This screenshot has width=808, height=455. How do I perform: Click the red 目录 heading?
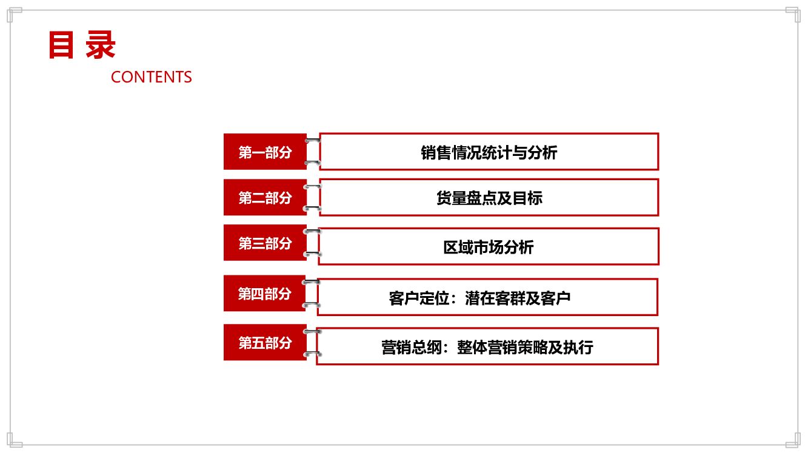pyautogui.click(x=82, y=45)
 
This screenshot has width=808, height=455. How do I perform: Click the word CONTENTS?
pyautogui.click(x=152, y=77)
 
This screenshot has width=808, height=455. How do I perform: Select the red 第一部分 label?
pyautogui.click(x=265, y=152)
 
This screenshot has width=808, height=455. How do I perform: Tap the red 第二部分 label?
pyautogui.click(x=265, y=197)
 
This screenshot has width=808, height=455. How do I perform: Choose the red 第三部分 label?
pyautogui.click(x=265, y=243)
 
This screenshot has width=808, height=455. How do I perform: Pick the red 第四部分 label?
pyautogui.click(x=264, y=294)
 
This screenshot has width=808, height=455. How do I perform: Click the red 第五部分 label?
pyautogui.click(x=265, y=343)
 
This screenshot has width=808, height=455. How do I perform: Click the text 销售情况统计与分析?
pyautogui.click(x=489, y=152)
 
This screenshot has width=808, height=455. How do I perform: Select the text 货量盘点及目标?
pyautogui.click(x=489, y=198)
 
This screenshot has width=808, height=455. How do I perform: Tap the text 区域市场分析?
pyautogui.click(x=489, y=247)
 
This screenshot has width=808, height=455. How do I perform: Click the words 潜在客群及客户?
pyautogui.click(x=518, y=298)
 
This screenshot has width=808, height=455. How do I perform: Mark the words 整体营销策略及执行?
pyautogui.click(x=525, y=347)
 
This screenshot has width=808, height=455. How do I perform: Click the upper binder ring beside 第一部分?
pyautogui.click(x=313, y=141)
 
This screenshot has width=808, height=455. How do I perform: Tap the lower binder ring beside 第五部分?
pyautogui.click(x=312, y=354)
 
